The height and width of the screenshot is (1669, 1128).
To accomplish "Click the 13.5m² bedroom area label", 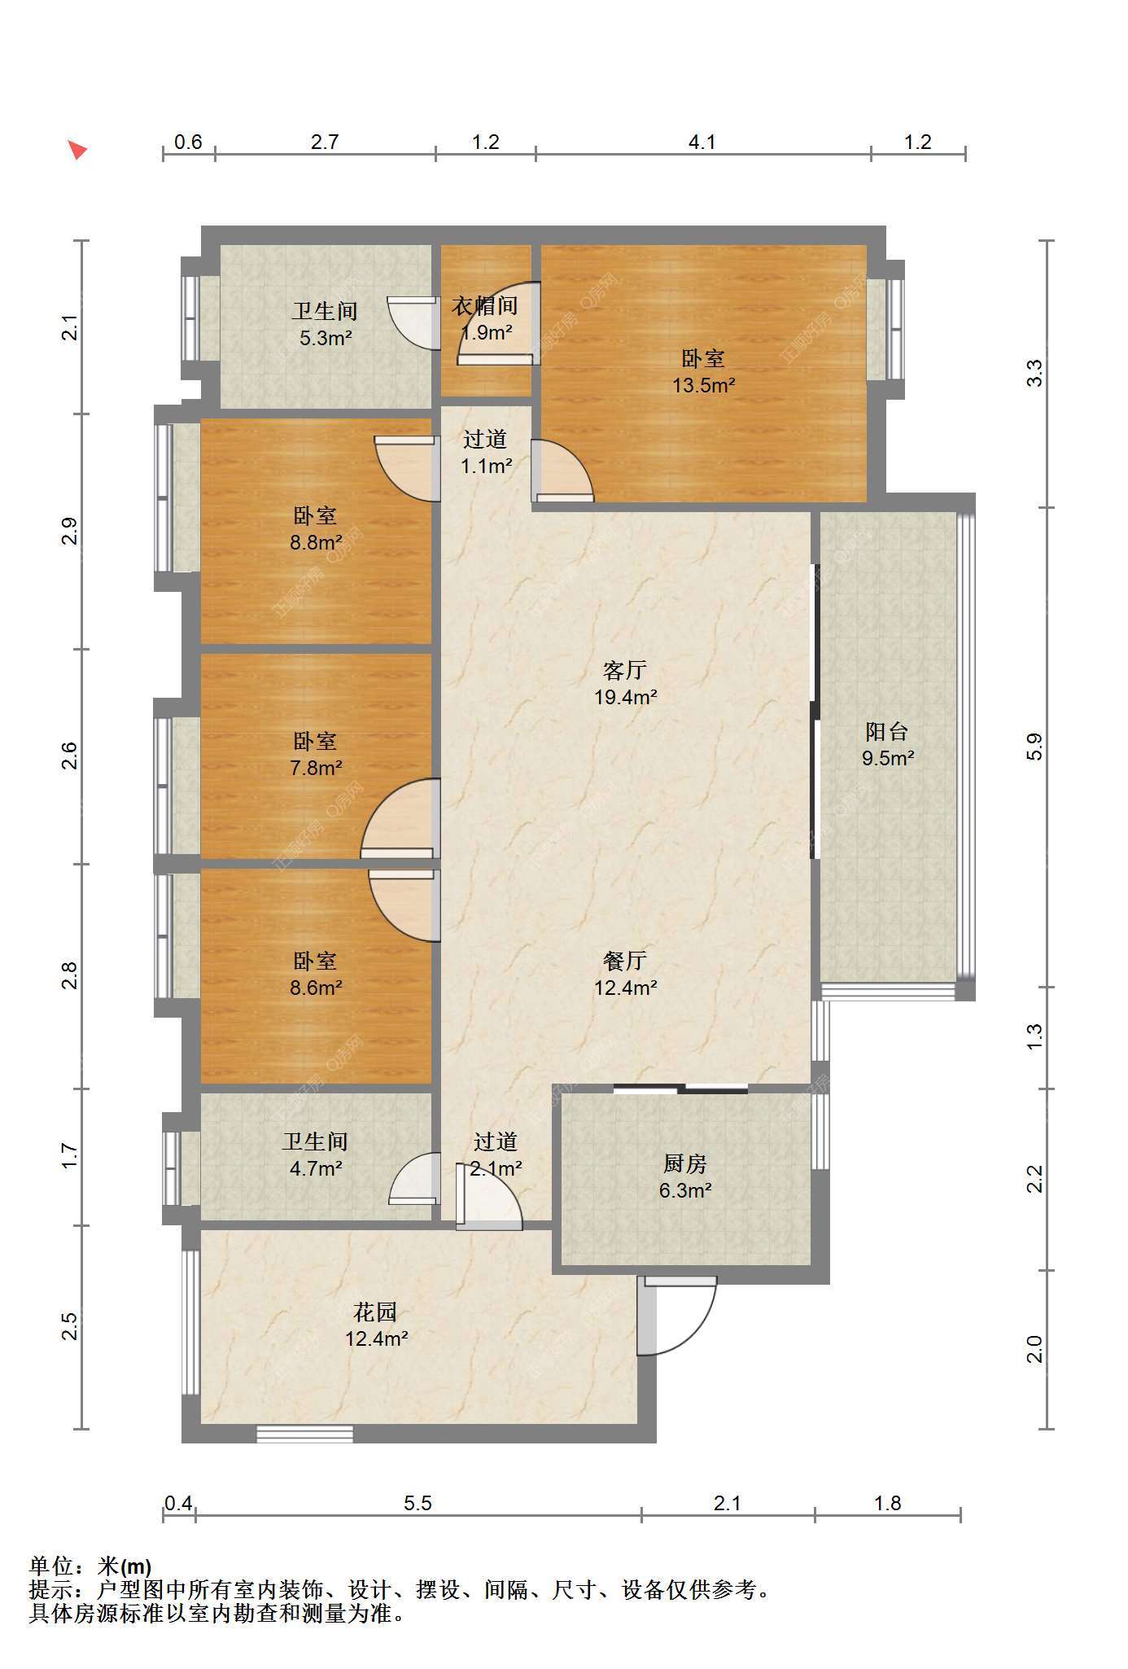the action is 703,385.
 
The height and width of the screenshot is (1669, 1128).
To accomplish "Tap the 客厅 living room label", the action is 625,670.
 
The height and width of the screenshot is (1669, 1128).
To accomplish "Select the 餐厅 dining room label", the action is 625,961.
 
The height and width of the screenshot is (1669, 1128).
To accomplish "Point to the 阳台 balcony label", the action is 887,731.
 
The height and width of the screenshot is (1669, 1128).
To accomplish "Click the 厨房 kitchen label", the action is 685,1163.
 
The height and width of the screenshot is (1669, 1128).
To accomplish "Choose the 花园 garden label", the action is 375,1312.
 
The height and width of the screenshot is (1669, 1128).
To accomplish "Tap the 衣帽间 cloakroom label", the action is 485,306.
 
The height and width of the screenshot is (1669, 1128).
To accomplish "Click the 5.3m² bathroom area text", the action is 326,338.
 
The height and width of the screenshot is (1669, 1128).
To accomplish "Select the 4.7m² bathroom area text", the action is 316,1168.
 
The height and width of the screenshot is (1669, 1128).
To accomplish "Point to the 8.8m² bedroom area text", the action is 316,542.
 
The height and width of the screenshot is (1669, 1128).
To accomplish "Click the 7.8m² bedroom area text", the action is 316,768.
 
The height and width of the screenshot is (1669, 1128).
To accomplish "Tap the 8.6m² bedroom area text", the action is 316,988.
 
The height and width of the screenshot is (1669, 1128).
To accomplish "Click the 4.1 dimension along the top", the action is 702,142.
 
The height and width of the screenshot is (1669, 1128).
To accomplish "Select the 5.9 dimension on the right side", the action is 1034,747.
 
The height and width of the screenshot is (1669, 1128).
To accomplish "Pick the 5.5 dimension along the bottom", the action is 418,1503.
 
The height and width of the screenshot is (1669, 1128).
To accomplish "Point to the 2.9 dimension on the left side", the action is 71,531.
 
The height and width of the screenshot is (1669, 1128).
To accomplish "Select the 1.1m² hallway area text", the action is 487,466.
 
